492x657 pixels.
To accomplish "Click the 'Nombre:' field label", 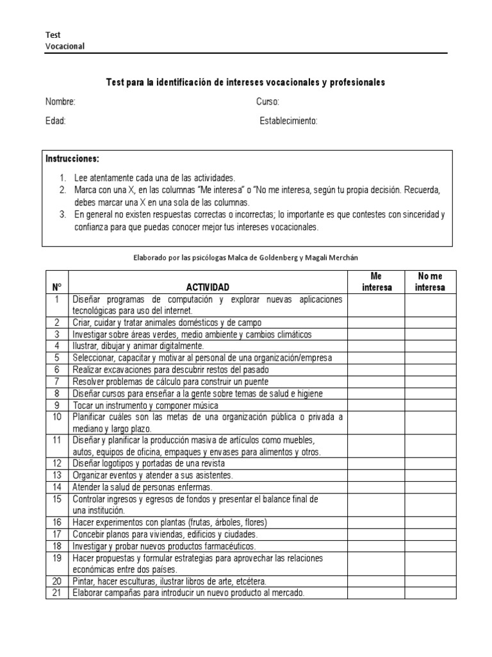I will (60, 102).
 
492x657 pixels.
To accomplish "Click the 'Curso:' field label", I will (268, 102).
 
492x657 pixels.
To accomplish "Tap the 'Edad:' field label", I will (56, 121).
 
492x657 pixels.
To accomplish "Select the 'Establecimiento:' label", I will (288, 121).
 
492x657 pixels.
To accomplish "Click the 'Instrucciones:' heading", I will (72, 158).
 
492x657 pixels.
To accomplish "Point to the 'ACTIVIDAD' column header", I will (208, 287).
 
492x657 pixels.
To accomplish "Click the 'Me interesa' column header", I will (376, 282).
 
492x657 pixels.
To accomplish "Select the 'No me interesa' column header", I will (430, 282).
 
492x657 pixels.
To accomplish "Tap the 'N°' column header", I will (56, 287).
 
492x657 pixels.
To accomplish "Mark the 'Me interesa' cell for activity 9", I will (376, 405).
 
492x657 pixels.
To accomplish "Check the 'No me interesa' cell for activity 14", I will (430, 487).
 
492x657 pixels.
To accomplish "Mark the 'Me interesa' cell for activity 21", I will (376, 593).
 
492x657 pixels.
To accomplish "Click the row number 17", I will (56, 534).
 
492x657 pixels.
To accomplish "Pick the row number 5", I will (56, 357).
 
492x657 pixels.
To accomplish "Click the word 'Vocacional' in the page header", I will (65, 46).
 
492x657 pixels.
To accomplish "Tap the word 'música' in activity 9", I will (204, 405).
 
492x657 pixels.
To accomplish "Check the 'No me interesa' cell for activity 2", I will (430, 323).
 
